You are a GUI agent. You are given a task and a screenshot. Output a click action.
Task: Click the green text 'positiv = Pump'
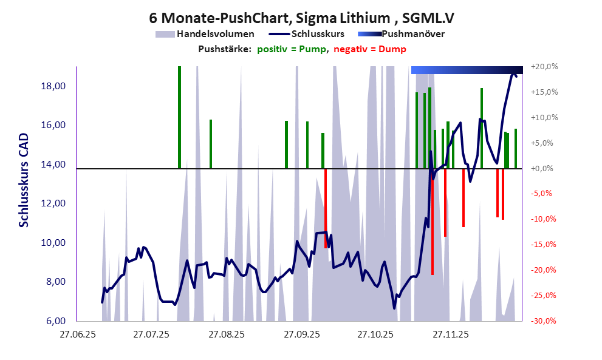[x=292, y=49]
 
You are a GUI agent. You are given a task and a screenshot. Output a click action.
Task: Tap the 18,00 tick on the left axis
[x=52, y=86]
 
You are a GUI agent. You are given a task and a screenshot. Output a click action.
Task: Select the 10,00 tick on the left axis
[x=52, y=243]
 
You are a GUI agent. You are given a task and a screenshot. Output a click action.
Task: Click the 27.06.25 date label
[x=76, y=334]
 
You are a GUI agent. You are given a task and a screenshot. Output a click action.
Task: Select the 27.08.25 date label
[x=226, y=334]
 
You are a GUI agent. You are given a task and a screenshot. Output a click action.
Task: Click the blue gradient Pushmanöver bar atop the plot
[x=467, y=70]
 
